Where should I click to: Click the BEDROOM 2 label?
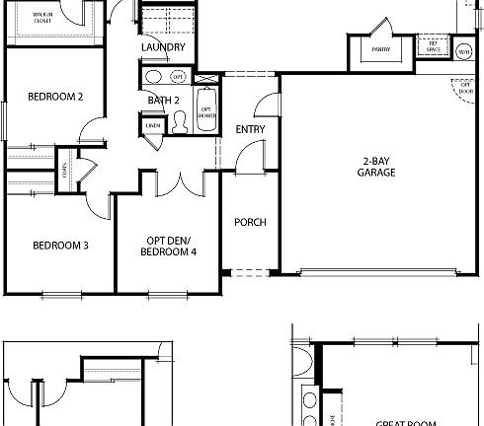click(x=54, y=97)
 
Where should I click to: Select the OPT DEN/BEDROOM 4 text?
click(x=167, y=247)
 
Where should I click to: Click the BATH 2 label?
click(x=163, y=100)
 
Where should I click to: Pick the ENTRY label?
click(x=249, y=130)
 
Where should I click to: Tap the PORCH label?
click(x=250, y=222)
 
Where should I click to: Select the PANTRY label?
click(x=379, y=48)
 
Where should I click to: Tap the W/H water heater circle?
click(x=463, y=50)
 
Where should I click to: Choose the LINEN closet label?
click(x=152, y=125)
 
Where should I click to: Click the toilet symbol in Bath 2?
click(x=180, y=120)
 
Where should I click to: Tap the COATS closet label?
click(x=64, y=168)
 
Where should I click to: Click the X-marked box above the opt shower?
click(x=206, y=78)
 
